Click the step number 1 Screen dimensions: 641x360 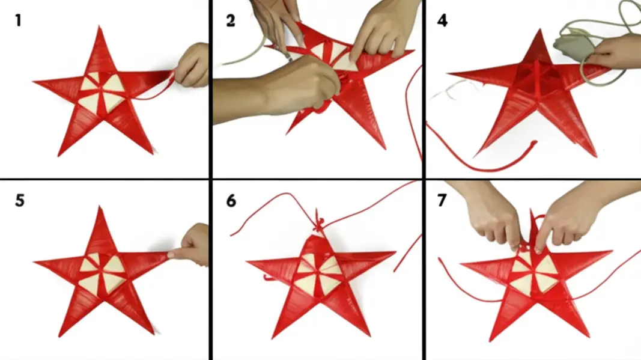pyautogui.click(x=18, y=20)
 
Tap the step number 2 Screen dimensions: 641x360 pyautogui.click(x=231, y=20)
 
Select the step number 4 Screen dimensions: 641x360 pyautogui.click(x=442, y=20)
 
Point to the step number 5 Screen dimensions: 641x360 pyautogui.click(x=20, y=201)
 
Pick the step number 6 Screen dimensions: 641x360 pyautogui.click(x=231, y=201)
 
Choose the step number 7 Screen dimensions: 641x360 pyautogui.click(x=442, y=201)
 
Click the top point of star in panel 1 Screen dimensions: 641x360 pyautogui.click(x=99, y=26)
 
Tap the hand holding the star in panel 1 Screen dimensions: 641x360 pyautogui.click(x=193, y=66)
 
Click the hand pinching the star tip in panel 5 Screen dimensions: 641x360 pyautogui.click(x=191, y=245)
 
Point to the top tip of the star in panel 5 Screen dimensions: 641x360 pyautogui.click(x=100, y=207)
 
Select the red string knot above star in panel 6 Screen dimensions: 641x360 pyautogui.click(x=318, y=224)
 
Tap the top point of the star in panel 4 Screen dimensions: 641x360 pyautogui.click(x=539, y=31)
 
